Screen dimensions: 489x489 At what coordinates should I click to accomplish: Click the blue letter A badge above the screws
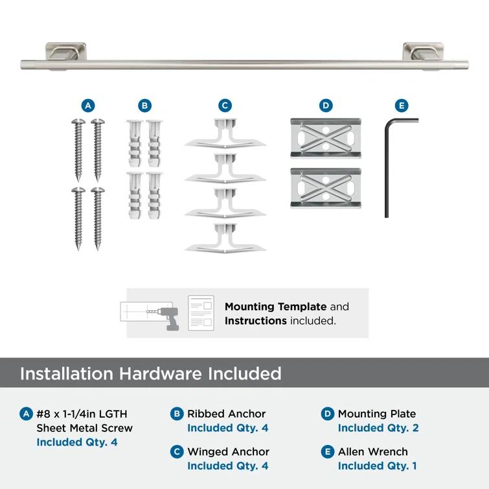click(x=88, y=106)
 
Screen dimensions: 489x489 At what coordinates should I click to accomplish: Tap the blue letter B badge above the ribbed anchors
click(x=144, y=106)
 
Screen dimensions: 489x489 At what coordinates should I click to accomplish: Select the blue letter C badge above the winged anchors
click(x=225, y=106)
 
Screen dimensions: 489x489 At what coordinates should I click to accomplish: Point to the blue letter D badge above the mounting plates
click(x=326, y=106)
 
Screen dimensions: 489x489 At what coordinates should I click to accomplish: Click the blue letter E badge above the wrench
click(x=402, y=106)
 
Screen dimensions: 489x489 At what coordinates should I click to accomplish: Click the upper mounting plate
click(x=326, y=139)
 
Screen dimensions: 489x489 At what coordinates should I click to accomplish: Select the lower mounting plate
click(x=326, y=188)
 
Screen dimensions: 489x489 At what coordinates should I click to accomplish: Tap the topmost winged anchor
click(x=224, y=135)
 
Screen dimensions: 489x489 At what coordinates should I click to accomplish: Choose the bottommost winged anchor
click(x=224, y=238)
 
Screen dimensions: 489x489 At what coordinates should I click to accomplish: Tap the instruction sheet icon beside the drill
click(x=201, y=313)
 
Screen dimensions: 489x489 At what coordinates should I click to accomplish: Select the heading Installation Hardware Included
click(x=151, y=374)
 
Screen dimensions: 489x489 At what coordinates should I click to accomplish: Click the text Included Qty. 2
click(x=378, y=428)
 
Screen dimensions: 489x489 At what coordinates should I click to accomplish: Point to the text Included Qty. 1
click(x=378, y=466)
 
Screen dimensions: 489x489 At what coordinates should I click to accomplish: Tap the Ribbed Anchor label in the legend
click(x=227, y=414)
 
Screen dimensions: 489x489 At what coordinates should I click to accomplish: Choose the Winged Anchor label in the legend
click(x=228, y=451)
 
